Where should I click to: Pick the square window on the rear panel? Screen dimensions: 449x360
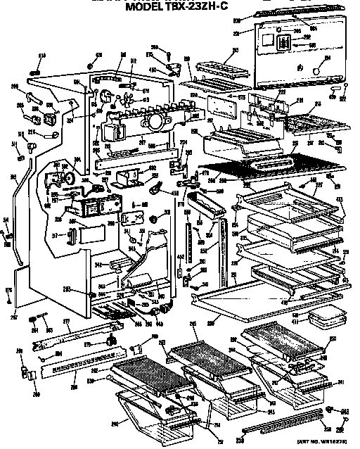(284, 42)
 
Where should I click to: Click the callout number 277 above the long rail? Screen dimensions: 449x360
(67, 322)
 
